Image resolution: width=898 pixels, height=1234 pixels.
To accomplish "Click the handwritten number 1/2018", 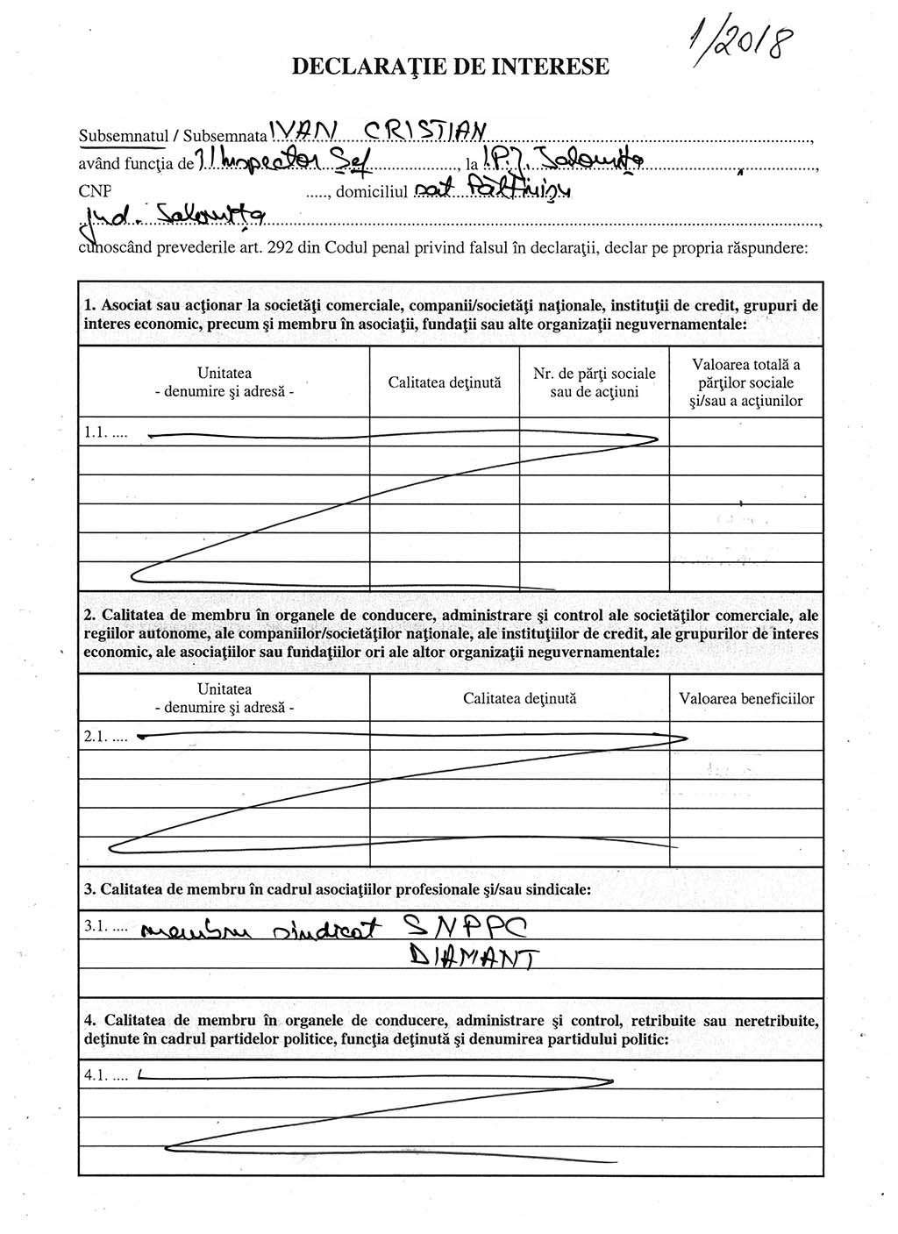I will [x=739, y=41].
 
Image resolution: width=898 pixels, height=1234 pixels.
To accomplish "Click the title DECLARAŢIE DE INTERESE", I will [x=450, y=66].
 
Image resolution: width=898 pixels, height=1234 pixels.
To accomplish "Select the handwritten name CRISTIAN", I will [x=424, y=131].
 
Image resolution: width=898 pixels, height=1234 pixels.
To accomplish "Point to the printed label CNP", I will [x=94, y=190].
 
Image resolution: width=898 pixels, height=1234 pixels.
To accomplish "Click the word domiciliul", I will [x=373, y=191].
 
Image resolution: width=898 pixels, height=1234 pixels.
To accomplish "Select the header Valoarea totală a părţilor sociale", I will [x=745, y=382].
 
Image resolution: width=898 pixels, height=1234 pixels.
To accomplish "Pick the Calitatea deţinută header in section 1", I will [x=444, y=382].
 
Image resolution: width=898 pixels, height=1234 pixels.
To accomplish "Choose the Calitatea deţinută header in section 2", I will [x=519, y=699].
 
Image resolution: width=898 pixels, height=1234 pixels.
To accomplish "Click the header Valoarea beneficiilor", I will [x=745, y=699].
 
